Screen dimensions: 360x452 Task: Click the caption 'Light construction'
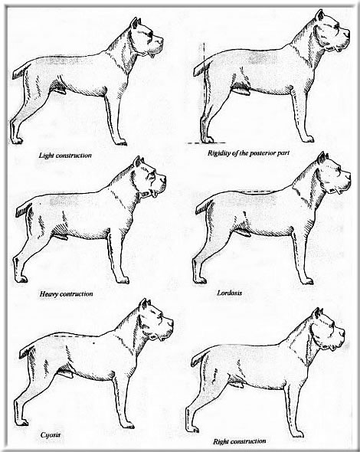coord(65,156)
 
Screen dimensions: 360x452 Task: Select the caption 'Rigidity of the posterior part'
coord(248,153)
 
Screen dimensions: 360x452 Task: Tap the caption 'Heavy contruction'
coord(67,294)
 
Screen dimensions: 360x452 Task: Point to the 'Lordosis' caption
coord(230,293)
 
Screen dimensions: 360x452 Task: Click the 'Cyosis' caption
coord(51,434)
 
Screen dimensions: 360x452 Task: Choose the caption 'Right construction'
coord(240,441)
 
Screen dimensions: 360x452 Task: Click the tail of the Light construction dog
coord(20,71)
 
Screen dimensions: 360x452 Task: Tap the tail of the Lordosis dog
coord(204,207)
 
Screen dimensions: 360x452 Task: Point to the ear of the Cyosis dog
coord(145,304)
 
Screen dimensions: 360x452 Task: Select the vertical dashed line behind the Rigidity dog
coord(204,92)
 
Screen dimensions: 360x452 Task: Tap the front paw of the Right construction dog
coord(297,434)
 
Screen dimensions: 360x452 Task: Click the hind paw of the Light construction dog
coord(16,140)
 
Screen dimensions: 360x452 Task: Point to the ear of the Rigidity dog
coord(320,15)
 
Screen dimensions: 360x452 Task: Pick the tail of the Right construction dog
coord(199,359)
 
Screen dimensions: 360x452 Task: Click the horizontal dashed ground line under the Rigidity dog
coord(205,143)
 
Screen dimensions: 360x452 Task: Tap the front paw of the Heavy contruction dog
coord(123,280)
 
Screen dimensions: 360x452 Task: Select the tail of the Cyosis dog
coord(27,352)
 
